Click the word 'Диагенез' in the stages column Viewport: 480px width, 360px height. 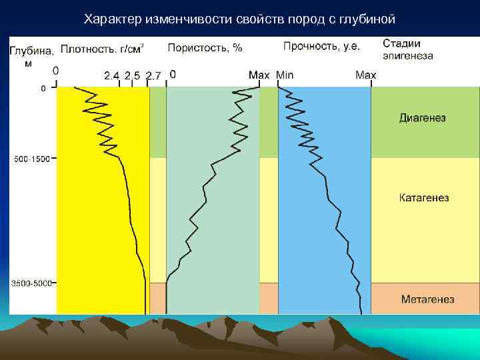(422, 118)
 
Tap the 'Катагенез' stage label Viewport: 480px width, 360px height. (424, 198)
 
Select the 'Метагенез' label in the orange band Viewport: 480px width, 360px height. (427, 299)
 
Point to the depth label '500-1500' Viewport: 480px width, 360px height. (32, 159)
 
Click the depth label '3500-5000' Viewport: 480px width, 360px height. (32, 283)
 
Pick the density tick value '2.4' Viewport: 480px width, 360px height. (111, 75)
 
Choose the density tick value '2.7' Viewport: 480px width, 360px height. (153, 75)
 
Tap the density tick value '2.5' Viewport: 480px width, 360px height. (132, 75)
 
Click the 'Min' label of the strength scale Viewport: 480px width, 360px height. (284, 75)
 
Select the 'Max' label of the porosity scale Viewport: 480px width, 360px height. (259, 75)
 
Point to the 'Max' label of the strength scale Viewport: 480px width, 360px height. (365, 75)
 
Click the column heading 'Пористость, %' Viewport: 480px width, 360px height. (205, 48)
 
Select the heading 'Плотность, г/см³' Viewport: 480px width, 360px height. (101, 49)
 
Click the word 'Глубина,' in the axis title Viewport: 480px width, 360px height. (31, 50)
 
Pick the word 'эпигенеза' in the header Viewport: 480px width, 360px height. (407, 56)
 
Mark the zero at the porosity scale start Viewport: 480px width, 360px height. (173, 75)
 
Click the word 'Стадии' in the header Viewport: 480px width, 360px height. (401, 43)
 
